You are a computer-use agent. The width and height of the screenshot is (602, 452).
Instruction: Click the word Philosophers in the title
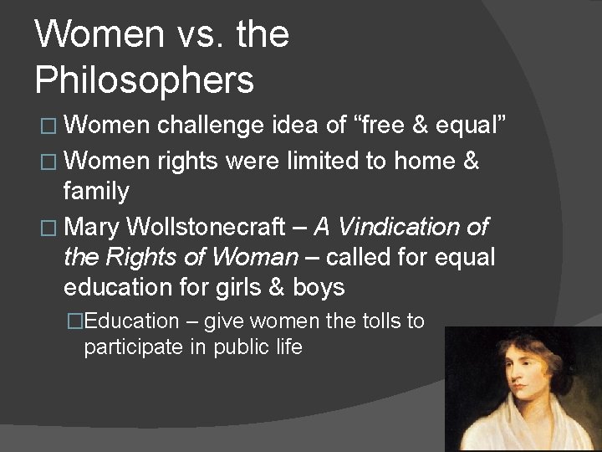144,80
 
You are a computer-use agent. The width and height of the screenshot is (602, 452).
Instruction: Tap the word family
96,192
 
